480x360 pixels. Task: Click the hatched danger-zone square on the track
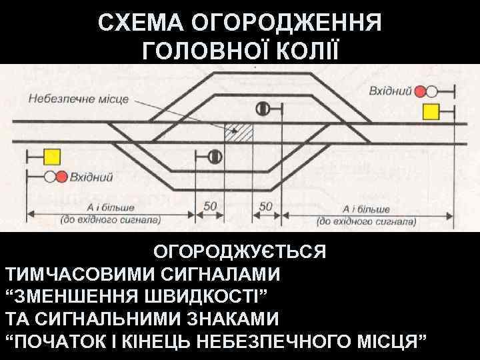tap(239, 131)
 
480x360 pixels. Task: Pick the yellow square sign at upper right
tap(431, 111)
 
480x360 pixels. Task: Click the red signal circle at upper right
tap(421, 91)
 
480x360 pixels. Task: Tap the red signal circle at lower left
tap(61, 177)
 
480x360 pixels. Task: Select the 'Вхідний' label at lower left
tap(92, 177)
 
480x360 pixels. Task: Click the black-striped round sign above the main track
tap(263, 107)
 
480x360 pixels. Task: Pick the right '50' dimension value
tap(265, 207)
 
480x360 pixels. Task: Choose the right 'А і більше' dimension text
tap(367, 209)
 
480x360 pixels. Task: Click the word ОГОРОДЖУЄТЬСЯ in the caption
tap(240, 253)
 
